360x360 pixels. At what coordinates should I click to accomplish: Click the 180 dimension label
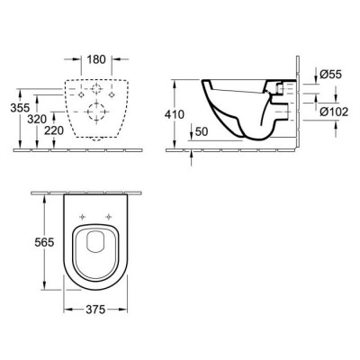coord(96,59)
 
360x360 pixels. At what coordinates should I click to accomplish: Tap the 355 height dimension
coord(20,107)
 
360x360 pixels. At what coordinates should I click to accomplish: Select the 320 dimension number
coord(37,120)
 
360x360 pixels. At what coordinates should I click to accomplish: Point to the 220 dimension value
coord(54,130)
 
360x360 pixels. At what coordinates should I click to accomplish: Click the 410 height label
coord(174,114)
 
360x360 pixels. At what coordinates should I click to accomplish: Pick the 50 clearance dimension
coord(201,131)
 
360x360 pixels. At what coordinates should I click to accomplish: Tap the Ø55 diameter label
coord(330,74)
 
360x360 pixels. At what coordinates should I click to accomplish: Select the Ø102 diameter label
coord(334,112)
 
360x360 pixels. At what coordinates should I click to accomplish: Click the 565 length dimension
coord(44,242)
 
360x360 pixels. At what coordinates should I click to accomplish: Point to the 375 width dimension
coord(95,310)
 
